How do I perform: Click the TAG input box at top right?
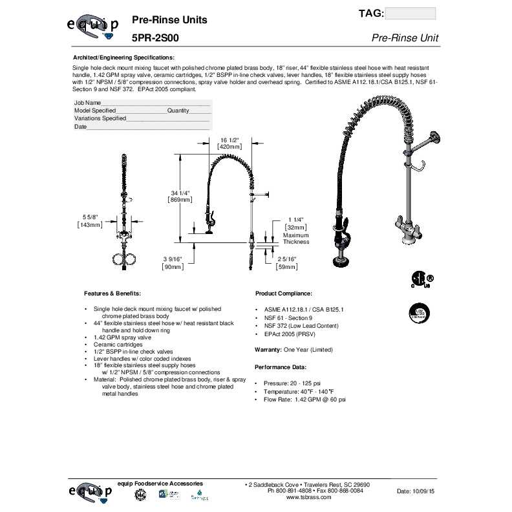pyautogui.click(x=410, y=14)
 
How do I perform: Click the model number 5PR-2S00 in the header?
pyautogui.click(x=155, y=38)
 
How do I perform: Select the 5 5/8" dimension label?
pyautogui.click(x=89, y=217)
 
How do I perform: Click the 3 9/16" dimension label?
pyautogui.click(x=173, y=259)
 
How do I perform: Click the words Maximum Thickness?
pyautogui.click(x=296, y=239)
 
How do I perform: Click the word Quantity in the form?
pyautogui.click(x=178, y=111)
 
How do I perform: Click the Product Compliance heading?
pyautogui.click(x=284, y=293)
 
